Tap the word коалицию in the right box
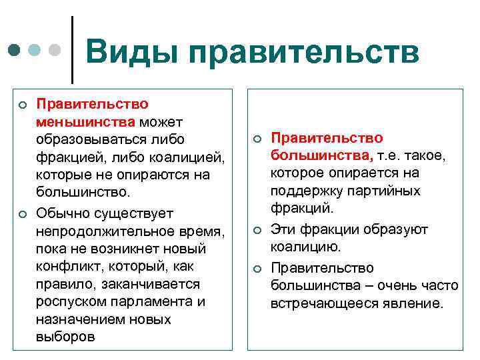tap(305, 247)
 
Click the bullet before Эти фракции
tap(256, 231)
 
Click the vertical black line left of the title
tap(72, 45)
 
